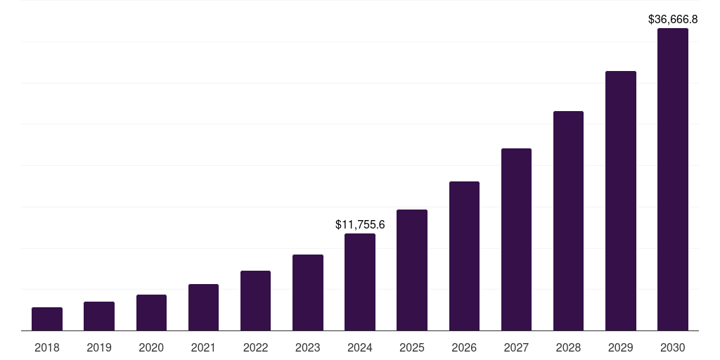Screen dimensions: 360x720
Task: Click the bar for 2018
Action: tap(47, 319)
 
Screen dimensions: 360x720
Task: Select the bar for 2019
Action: tap(99, 316)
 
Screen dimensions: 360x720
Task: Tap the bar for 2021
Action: tap(203, 307)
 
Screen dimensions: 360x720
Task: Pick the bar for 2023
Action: tap(308, 292)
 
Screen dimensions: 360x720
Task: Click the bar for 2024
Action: tap(360, 282)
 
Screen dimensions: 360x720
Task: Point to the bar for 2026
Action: tap(464, 256)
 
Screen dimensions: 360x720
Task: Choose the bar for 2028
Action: tap(568, 221)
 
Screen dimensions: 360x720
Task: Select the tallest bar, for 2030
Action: tap(673, 179)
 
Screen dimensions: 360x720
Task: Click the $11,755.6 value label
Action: tap(360, 225)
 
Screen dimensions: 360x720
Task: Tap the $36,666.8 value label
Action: tap(673, 20)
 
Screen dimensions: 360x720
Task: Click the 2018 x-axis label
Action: tap(47, 347)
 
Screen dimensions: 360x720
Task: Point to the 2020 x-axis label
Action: tap(151, 347)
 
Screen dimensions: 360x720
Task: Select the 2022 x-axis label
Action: tap(255, 347)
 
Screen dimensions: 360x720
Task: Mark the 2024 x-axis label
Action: tap(360, 347)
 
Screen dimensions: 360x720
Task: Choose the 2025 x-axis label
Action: tap(412, 347)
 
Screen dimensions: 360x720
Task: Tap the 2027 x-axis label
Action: tap(516, 347)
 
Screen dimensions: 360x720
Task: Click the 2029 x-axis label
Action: tap(620, 347)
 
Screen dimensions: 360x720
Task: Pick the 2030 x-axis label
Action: tap(673, 347)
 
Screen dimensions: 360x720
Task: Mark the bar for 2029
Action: tap(620, 201)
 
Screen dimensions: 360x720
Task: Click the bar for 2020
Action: tap(151, 313)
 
